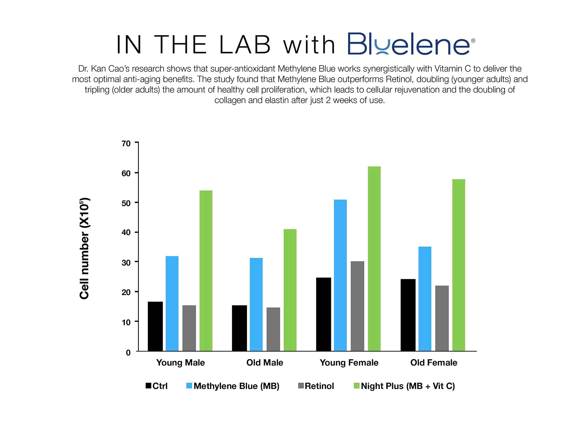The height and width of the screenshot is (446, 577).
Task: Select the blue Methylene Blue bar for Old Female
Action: [x=425, y=299]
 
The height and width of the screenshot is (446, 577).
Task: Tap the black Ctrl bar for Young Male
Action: [x=155, y=326]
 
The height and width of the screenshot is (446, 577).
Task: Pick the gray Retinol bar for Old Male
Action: [x=273, y=329]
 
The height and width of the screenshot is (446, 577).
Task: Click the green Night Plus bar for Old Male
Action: [x=290, y=290]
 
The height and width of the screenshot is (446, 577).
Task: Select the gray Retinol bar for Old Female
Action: [x=442, y=318]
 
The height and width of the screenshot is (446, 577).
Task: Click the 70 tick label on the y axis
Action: [x=126, y=144]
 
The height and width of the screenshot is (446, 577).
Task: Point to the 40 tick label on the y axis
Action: [x=126, y=232]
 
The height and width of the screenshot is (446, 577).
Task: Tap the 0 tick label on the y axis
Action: [x=128, y=353]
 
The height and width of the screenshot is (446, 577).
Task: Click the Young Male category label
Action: [x=181, y=362]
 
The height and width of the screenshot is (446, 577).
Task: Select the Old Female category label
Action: [x=434, y=362]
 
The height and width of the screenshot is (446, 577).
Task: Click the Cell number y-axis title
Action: [x=85, y=248]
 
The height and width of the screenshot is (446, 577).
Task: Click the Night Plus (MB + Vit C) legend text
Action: [x=408, y=386]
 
